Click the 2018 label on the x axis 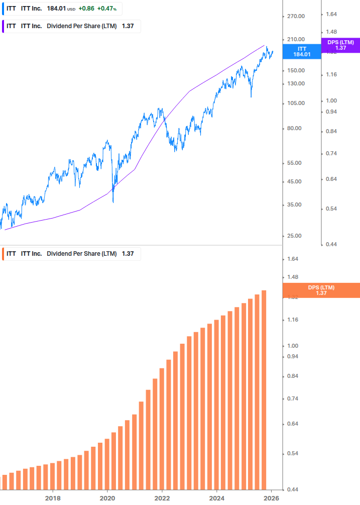(53, 498)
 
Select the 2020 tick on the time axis (107, 498)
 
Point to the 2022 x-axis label (162, 498)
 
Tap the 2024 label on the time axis (216, 498)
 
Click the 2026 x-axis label (271, 498)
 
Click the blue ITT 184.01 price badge (302, 51)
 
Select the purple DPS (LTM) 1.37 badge (340, 45)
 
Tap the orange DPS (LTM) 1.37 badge (321, 290)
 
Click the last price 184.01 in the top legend (56, 9)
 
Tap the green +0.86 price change (87, 9)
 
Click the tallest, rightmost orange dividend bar (264, 389)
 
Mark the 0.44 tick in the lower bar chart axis (292, 489)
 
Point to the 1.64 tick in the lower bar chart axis (292, 259)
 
